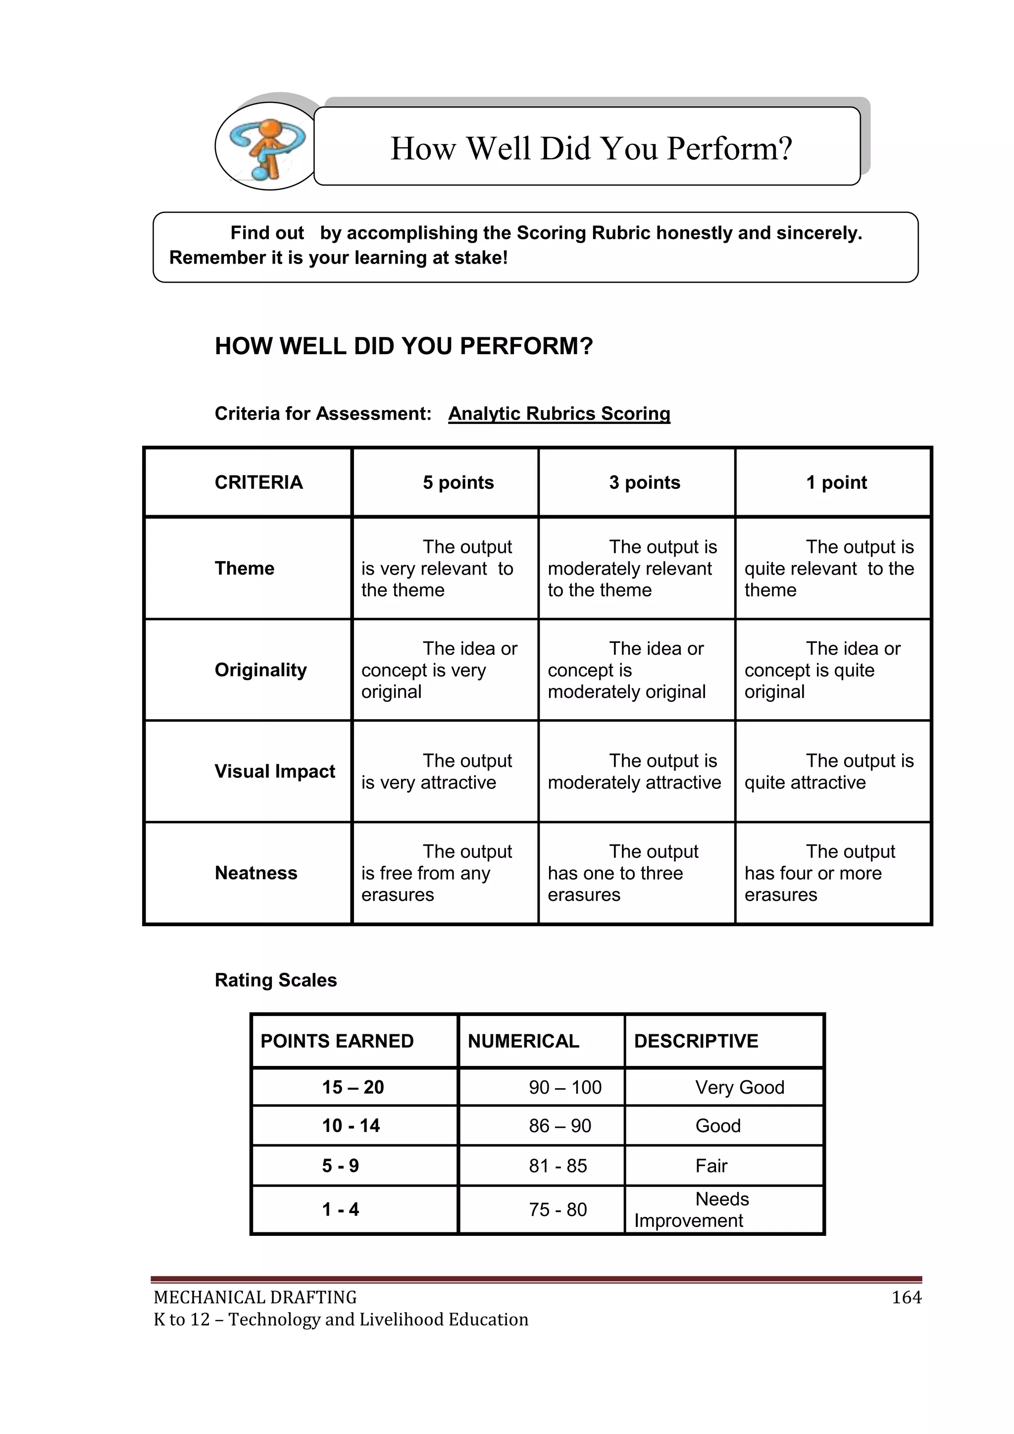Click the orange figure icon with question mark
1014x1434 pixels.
tap(267, 148)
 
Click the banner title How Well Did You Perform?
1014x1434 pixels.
tap(591, 149)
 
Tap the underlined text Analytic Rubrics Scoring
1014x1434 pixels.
tap(559, 414)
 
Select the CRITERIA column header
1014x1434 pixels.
tap(258, 482)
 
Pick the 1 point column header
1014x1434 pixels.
tap(836, 482)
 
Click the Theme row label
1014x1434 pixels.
tap(244, 568)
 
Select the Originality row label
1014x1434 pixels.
tap(260, 670)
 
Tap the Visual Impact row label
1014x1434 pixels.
tap(275, 771)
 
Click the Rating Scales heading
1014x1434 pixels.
tap(275, 980)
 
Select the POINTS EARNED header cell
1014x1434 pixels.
tap(337, 1041)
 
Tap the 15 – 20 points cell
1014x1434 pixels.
tap(353, 1087)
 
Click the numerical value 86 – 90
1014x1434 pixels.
tap(559, 1126)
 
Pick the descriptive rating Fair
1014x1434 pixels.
tap(711, 1166)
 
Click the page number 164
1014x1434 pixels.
tap(906, 1297)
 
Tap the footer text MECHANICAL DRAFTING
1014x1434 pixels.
tap(255, 1297)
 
